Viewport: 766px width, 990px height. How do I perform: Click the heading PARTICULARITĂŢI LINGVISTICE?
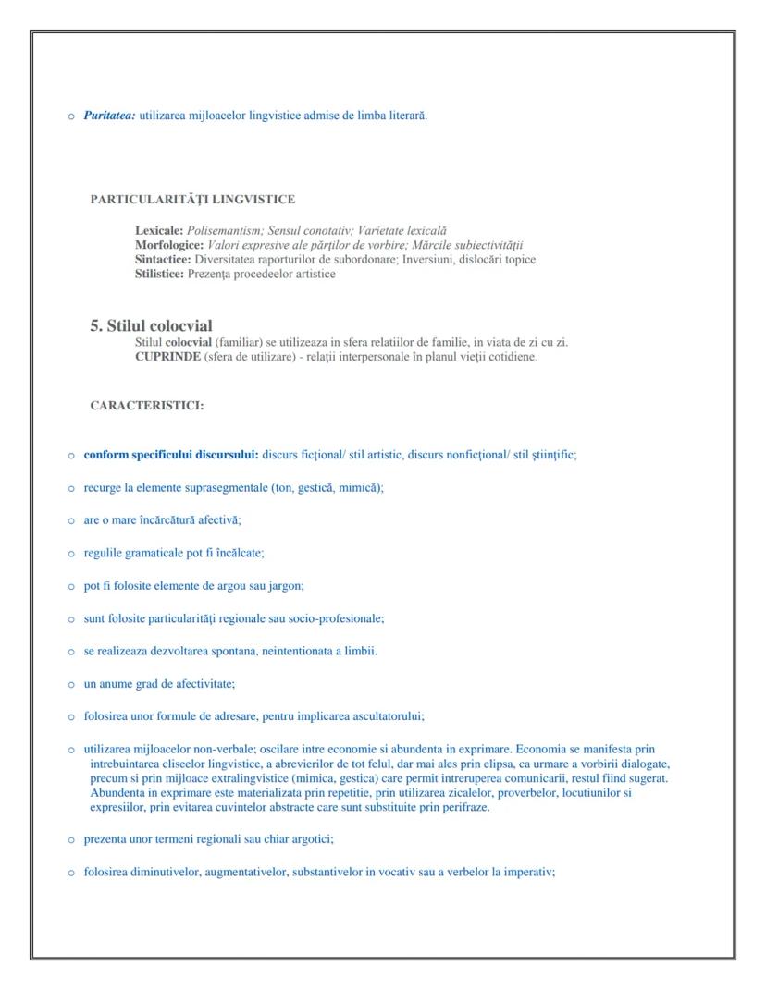point(192,199)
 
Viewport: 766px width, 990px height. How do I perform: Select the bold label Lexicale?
point(159,229)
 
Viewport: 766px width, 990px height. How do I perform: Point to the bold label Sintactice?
point(163,259)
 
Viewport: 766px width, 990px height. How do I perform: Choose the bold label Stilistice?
point(160,274)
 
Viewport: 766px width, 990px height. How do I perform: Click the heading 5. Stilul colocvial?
point(151,325)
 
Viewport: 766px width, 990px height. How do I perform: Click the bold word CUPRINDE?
point(167,357)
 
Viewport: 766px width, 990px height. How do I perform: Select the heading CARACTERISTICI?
point(147,405)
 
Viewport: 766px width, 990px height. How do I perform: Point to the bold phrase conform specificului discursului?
point(171,455)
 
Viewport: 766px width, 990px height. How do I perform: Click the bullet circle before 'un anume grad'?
point(71,684)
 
